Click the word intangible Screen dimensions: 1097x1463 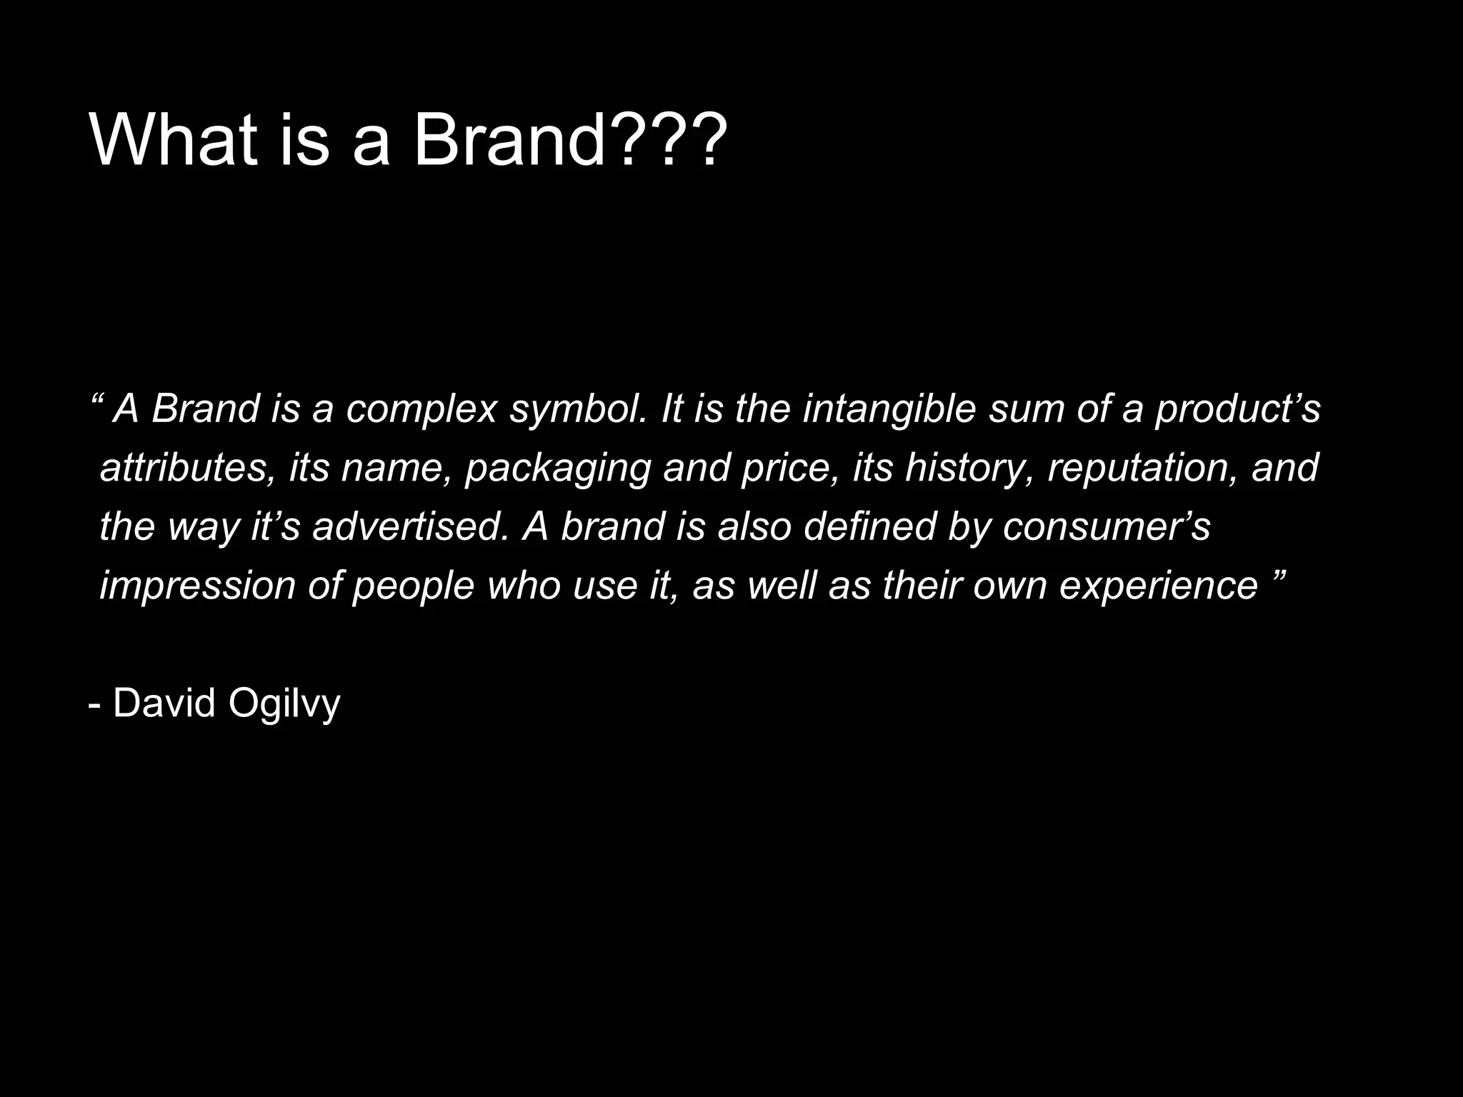pos(889,410)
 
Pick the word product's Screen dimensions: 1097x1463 pos(1238,410)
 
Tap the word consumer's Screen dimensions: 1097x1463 pos(1107,527)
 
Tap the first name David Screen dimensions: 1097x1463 pos(164,703)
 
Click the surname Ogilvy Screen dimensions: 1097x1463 pos(284,704)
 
